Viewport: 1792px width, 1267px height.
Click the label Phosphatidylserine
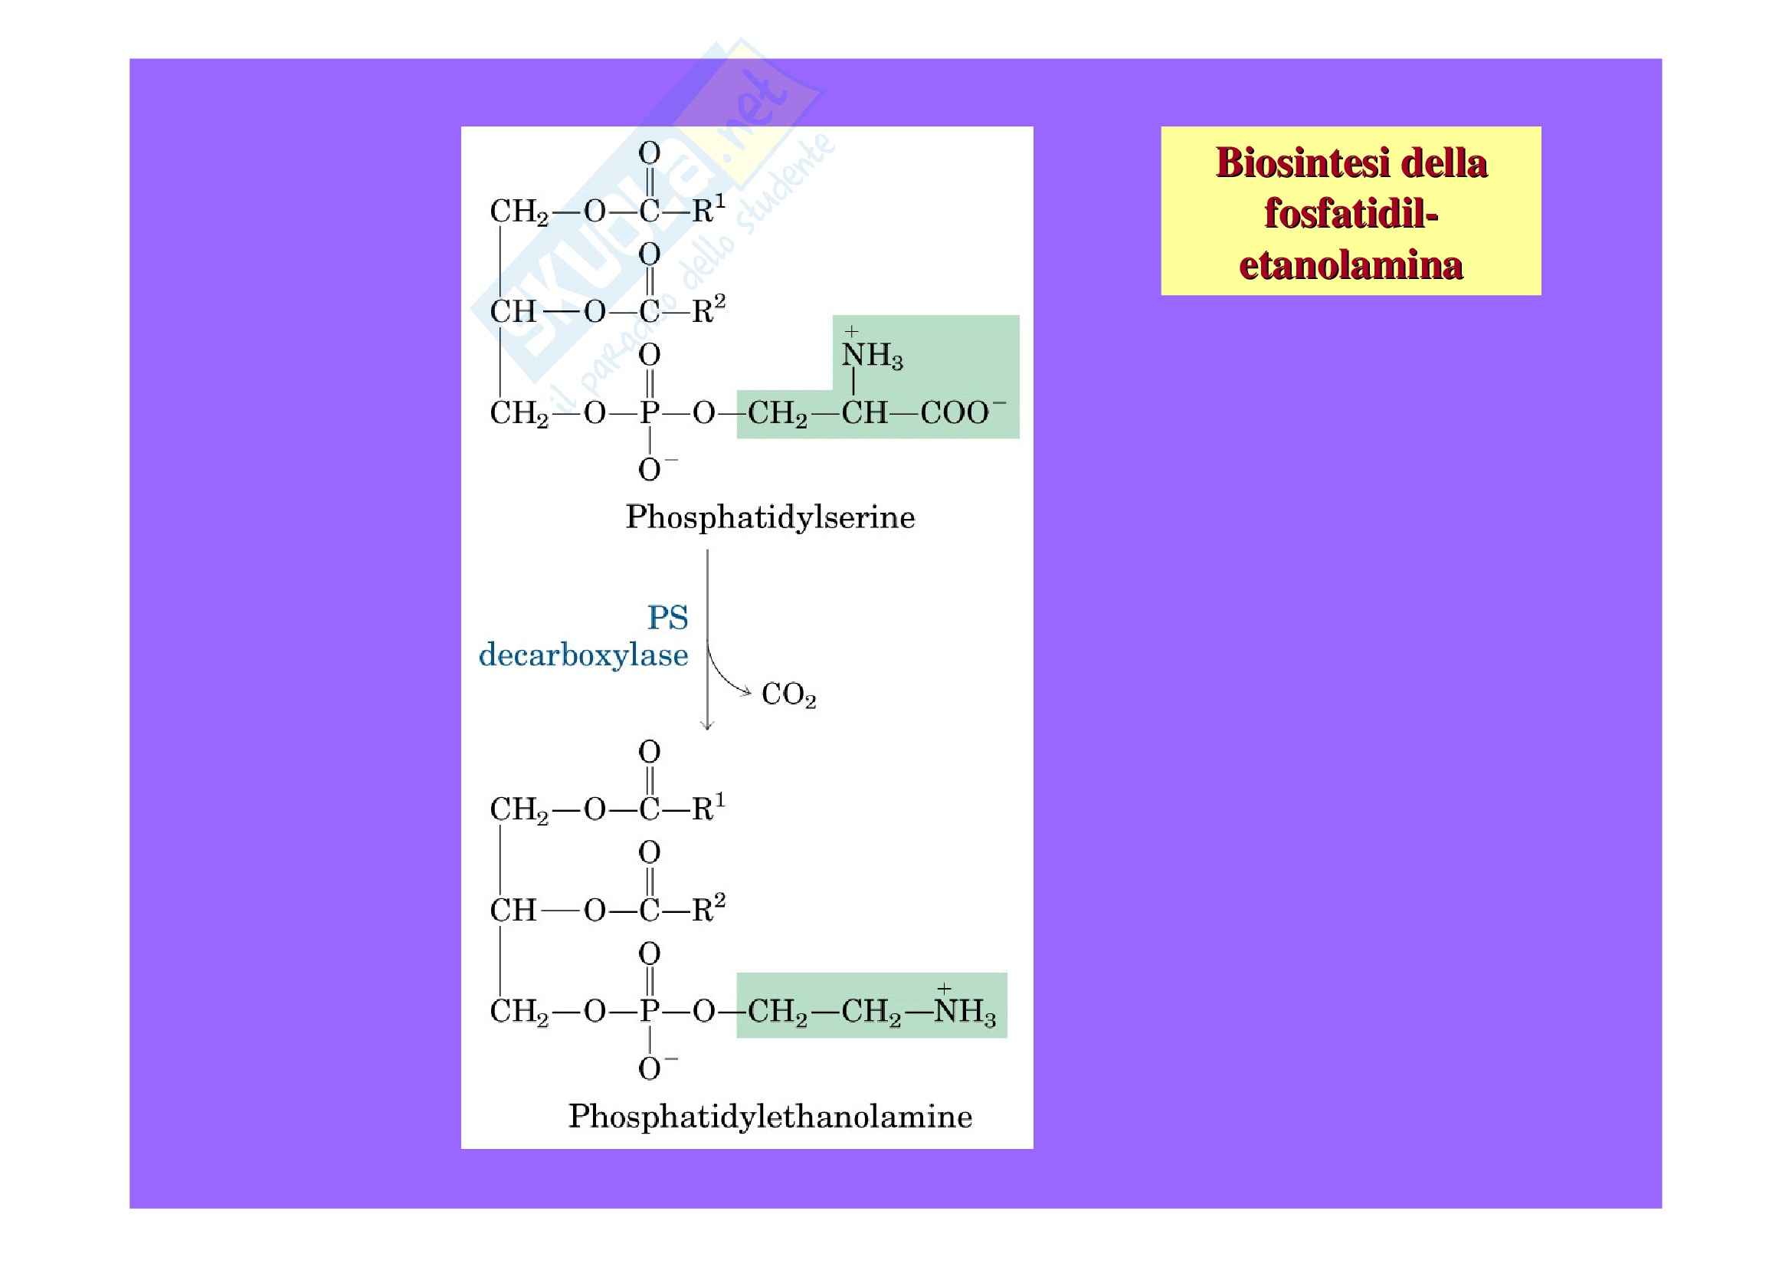pyautogui.click(x=769, y=517)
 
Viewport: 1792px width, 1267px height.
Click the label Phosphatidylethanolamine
pyautogui.click(x=769, y=1116)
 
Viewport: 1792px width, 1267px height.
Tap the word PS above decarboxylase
pyautogui.click(x=667, y=619)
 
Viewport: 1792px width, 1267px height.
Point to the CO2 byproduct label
pyautogui.click(x=788, y=694)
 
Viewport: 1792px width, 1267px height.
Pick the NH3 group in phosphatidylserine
pyautogui.click(x=872, y=355)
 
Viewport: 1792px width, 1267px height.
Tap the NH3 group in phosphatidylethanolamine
pyautogui.click(x=965, y=1011)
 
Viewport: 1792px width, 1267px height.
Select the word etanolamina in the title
pyautogui.click(x=1350, y=264)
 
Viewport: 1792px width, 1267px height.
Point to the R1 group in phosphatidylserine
pyautogui.click(x=708, y=209)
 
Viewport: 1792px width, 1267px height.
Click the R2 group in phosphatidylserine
pyautogui.click(x=708, y=310)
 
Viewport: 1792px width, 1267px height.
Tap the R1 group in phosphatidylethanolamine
pyautogui.click(x=708, y=808)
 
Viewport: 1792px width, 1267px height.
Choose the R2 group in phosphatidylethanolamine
pyautogui.click(x=708, y=909)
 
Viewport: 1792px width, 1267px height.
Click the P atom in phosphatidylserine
pyautogui.click(x=650, y=412)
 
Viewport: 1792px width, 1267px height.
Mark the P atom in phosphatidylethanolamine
pyautogui.click(x=650, y=1011)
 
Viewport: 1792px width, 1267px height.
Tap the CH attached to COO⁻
pyautogui.click(x=864, y=412)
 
